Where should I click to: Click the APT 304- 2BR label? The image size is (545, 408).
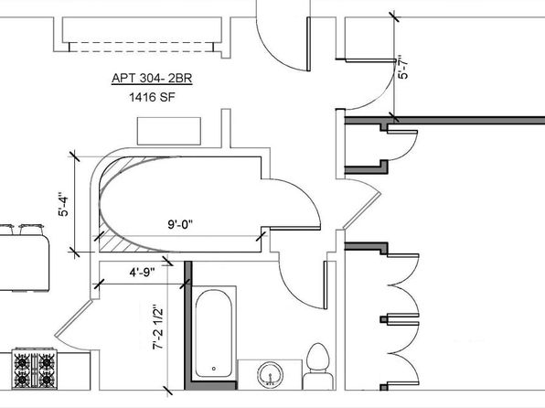[152, 79]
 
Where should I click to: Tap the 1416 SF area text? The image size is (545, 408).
[152, 97]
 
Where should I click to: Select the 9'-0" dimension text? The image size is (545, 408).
[180, 225]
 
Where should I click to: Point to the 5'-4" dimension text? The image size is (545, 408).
[64, 204]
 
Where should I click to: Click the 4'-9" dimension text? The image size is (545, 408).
[142, 272]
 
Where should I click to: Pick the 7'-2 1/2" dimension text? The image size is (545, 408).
[158, 327]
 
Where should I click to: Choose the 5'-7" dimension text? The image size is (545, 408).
[403, 67]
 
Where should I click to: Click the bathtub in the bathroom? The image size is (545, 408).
[213, 334]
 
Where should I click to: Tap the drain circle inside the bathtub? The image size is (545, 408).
[214, 369]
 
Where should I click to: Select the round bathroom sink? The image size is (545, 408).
[270, 374]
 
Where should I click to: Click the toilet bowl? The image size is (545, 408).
[318, 358]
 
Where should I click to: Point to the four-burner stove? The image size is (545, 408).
[34, 368]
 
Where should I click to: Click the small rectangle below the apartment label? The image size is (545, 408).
[169, 131]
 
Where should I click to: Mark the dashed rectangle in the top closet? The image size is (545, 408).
[141, 47]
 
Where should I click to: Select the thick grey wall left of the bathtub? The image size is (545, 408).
[188, 326]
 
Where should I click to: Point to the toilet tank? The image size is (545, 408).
[318, 381]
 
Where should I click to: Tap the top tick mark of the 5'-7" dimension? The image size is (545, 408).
[394, 16]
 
